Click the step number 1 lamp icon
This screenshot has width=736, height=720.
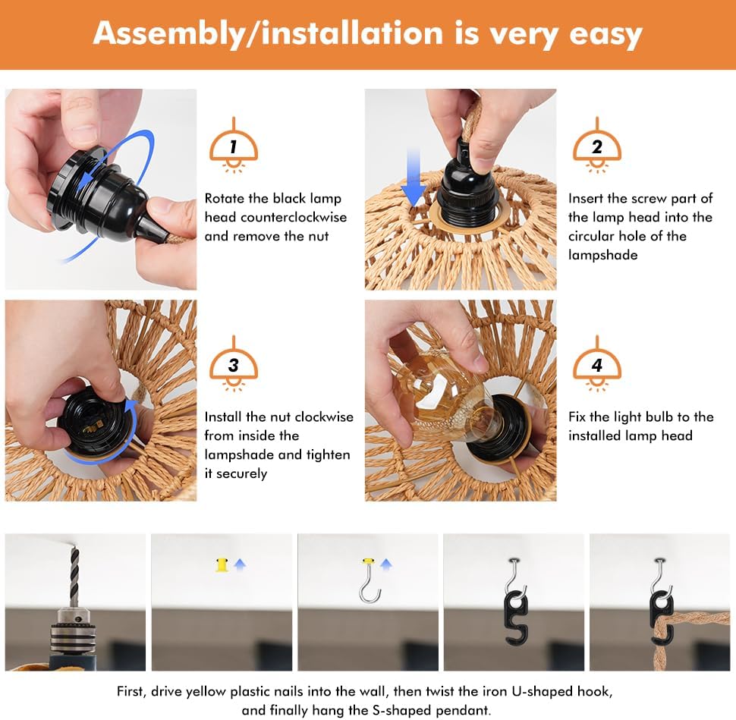pos(233,146)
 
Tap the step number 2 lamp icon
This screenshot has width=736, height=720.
pos(596,146)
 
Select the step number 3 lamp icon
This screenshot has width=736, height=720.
pos(233,364)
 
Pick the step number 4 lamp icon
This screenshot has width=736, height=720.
pos(596,364)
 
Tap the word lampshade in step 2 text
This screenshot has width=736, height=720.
pos(602,256)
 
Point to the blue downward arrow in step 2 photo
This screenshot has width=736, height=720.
pos(414,178)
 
